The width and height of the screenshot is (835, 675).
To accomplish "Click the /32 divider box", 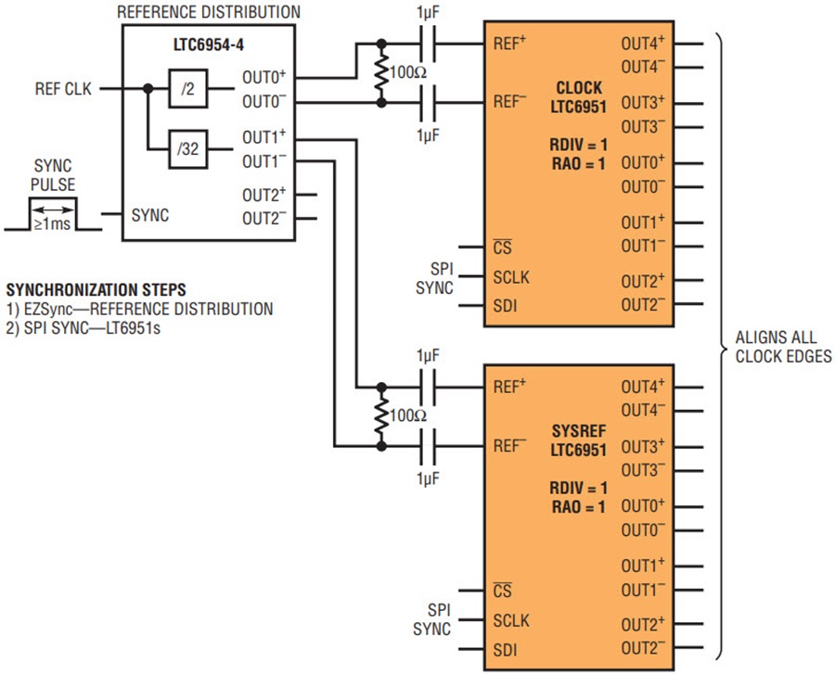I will coord(186,148).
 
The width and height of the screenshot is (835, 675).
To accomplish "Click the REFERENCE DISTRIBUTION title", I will coord(209,12).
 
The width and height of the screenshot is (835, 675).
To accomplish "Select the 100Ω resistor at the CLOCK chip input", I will coord(380,71).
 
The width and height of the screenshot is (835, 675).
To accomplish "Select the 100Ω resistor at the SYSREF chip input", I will coord(380,415).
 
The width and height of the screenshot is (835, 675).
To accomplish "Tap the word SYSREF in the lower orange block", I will coord(578,431).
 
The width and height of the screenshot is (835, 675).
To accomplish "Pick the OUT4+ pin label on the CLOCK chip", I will coord(643,43).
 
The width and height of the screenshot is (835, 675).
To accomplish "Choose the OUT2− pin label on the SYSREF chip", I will coord(643,647).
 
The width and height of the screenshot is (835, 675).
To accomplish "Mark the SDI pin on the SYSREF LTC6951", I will coord(507,650).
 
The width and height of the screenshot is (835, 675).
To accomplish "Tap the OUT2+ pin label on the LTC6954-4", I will coord(264,196).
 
